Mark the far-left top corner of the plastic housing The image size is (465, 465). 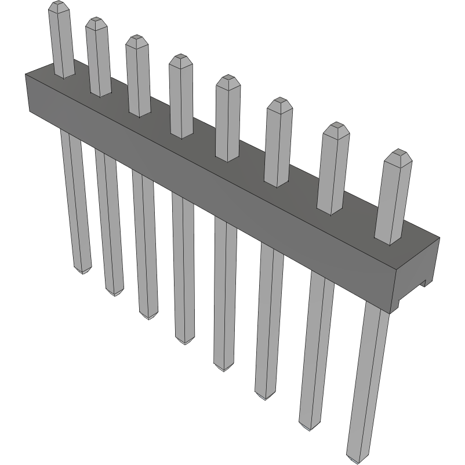(26, 74)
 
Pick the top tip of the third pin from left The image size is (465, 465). (137, 38)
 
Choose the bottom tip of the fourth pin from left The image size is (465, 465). (185, 342)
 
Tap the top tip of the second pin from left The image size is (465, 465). (96, 20)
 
